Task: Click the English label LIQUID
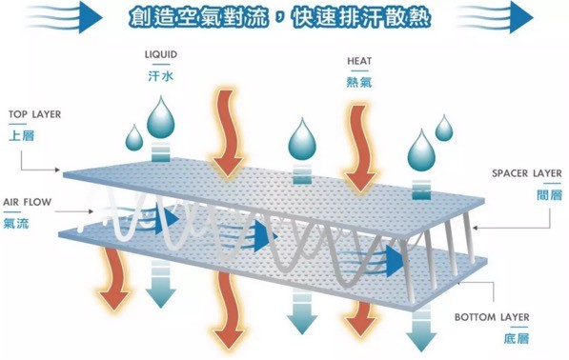pos(161,55)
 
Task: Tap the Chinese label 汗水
pos(160,73)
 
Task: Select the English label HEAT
pos(358,62)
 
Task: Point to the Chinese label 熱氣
pos(358,81)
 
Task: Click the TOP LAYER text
pos(34,114)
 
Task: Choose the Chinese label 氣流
pos(16,223)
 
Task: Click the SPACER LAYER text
pos(526,173)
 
